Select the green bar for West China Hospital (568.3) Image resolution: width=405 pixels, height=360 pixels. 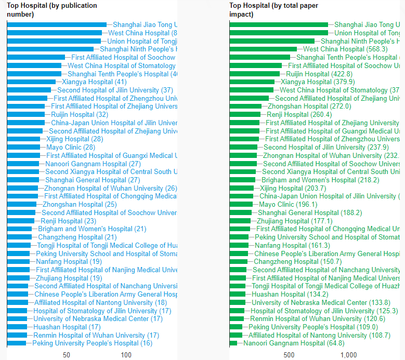click(x=263, y=49)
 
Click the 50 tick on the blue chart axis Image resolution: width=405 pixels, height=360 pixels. click(x=67, y=355)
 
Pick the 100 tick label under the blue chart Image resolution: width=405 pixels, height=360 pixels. click(x=126, y=355)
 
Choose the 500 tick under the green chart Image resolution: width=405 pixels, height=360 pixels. click(x=289, y=355)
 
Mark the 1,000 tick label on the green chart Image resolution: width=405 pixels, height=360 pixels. click(x=348, y=355)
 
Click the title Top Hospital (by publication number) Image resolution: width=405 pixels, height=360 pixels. click(x=52, y=10)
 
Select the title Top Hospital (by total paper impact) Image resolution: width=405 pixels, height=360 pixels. click(x=274, y=10)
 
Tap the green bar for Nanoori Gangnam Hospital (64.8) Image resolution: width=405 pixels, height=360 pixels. click(x=233, y=343)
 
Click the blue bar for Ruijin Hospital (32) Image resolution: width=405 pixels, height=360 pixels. click(x=26, y=115)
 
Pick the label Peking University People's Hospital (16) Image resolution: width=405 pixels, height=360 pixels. click(x=92, y=343)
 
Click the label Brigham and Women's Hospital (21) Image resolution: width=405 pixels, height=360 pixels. click(x=92, y=229)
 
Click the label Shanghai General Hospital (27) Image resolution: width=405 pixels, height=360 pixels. click(x=93, y=180)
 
